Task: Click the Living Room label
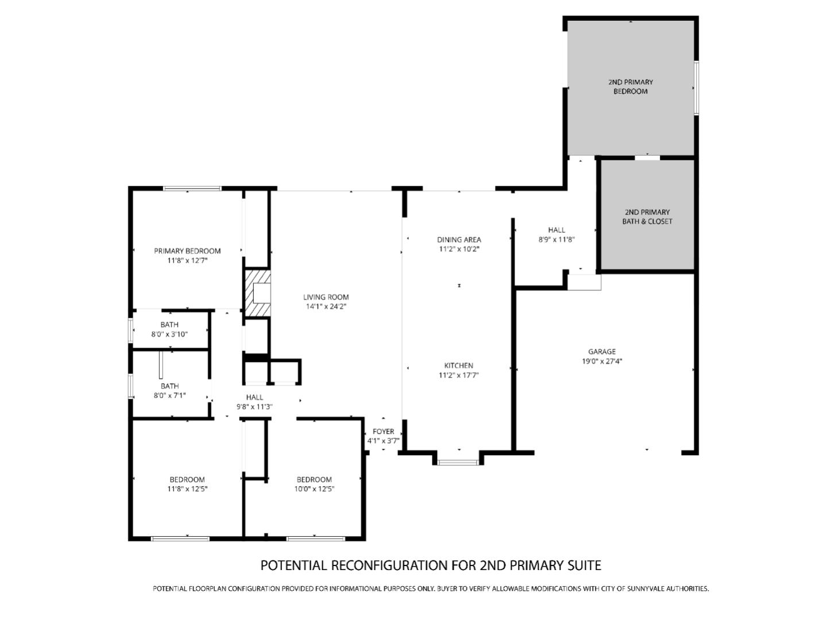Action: tap(326, 297)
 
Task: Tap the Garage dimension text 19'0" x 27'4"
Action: tap(601, 361)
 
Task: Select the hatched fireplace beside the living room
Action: tap(258, 293)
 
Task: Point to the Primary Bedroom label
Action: tap(187, 251)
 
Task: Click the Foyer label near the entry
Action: tap(383, 432)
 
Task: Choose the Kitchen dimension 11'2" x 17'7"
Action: tap(458, 375)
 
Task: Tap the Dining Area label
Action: tap(459, 240)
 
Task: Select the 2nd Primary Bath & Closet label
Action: tap(647, 217)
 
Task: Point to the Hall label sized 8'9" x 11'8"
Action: tap(556, 230)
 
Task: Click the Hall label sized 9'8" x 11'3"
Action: tap(254, 397)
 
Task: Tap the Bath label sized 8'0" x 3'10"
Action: tap(169, 325)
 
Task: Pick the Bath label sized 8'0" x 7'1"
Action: tap(169, 386)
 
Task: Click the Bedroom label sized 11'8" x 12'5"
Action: tap(187, 480)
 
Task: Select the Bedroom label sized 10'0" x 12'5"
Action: tap(314, 480)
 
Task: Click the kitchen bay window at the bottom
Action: tap(458, 461)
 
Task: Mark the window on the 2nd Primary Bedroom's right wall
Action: tap(696, 87)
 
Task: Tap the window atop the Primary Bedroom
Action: tap(192, 188)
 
